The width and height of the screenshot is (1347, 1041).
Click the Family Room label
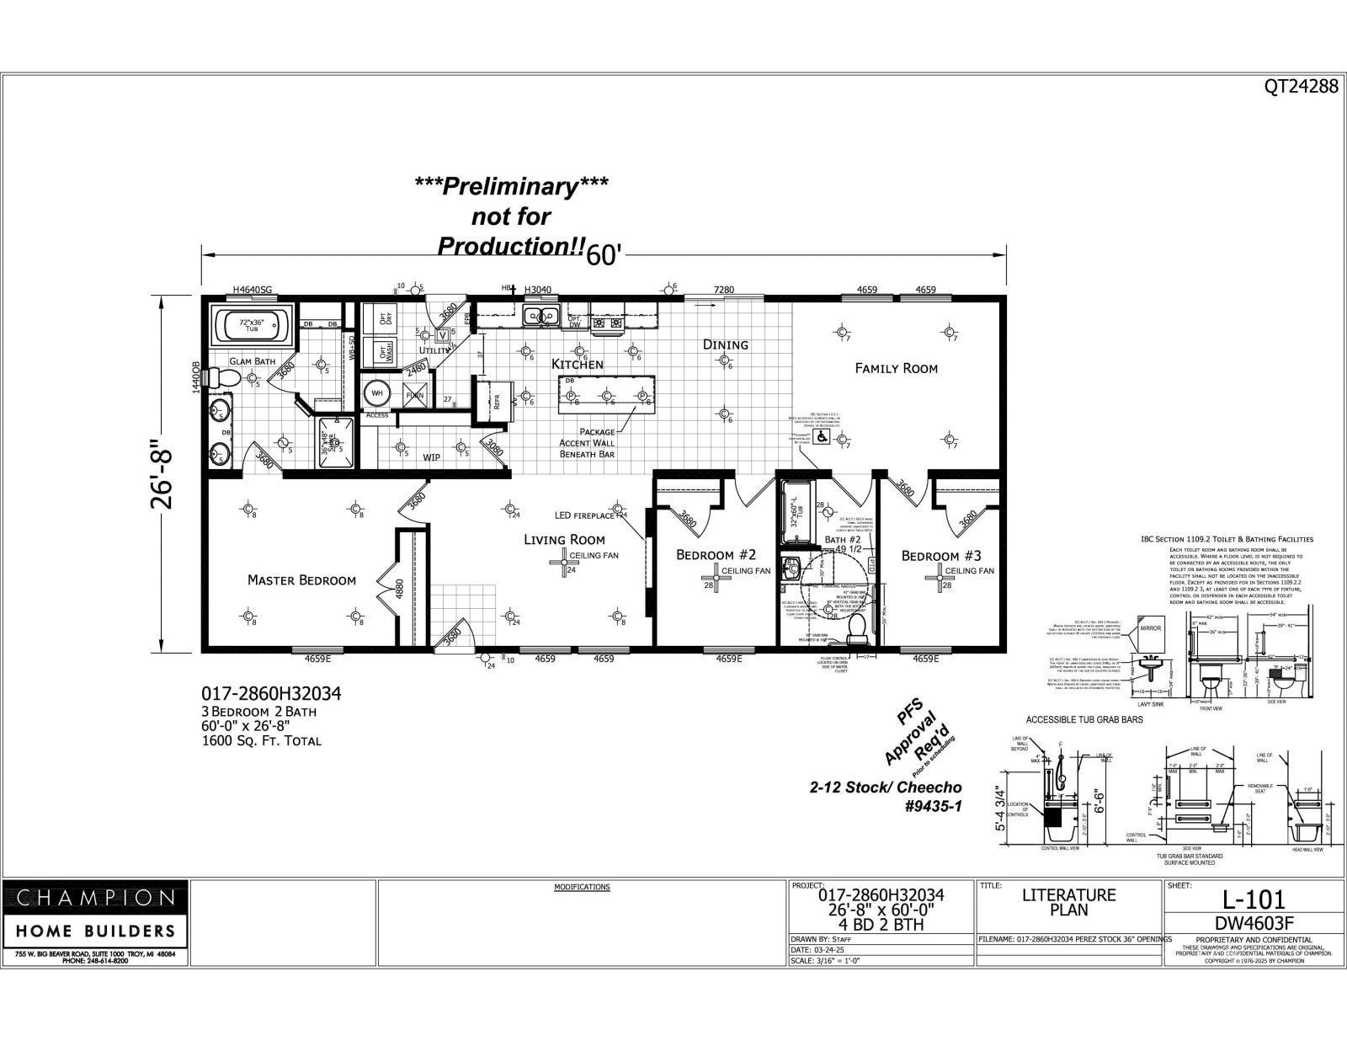coord(896,368)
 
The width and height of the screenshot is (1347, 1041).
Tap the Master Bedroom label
coord(301,579)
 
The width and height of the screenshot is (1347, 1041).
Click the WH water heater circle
coord(376,393)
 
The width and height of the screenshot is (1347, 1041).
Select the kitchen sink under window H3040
coord(540,316)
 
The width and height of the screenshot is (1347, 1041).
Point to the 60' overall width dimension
coord(604,255)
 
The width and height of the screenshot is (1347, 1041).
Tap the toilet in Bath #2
coord(858,627)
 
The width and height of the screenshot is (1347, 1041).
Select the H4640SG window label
coord(253,290)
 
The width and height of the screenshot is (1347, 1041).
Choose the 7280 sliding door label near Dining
coord(723,290)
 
